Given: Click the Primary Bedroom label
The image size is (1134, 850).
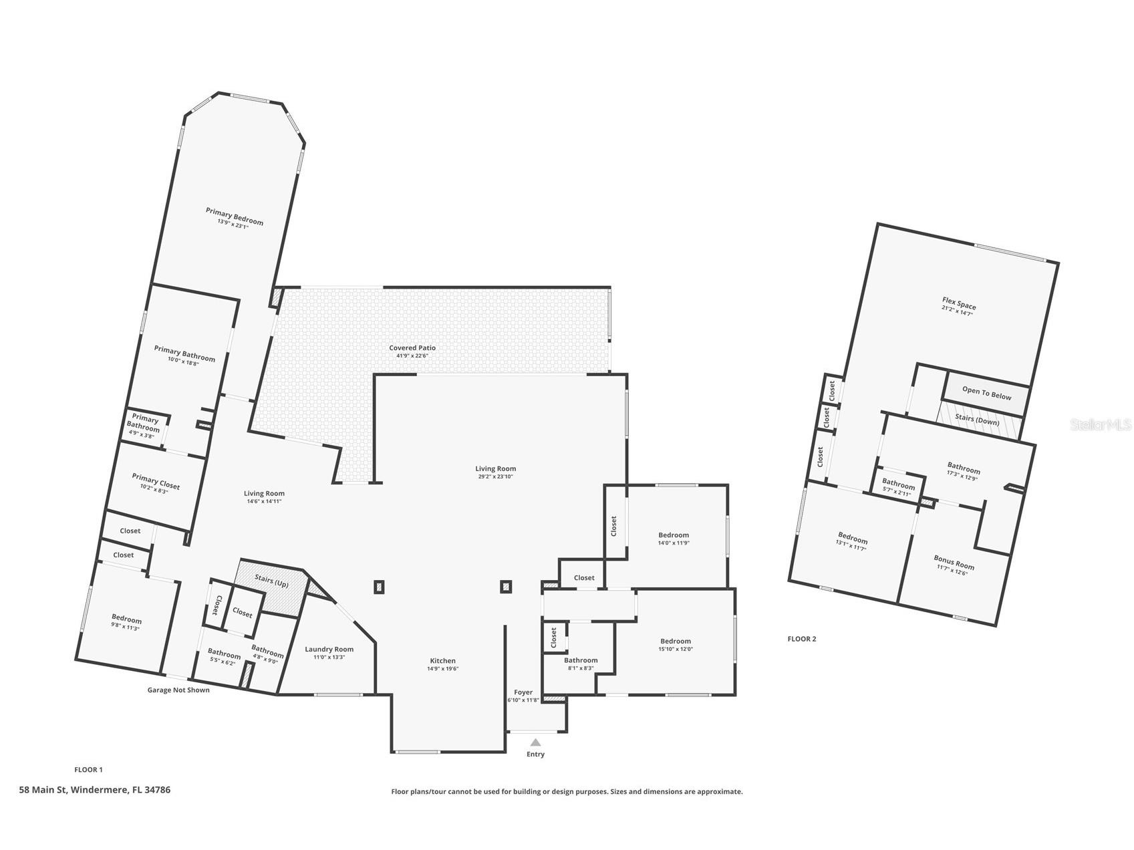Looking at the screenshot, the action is click(235, 215).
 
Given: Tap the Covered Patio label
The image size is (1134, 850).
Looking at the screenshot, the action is click(412, 347).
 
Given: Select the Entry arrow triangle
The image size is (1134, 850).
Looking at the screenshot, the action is click(535, 742).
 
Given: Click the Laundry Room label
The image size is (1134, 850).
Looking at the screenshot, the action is click(329, 649).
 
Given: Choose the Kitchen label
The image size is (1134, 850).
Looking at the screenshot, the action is click(442, 660).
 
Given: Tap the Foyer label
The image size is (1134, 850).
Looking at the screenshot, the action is click(523, 692).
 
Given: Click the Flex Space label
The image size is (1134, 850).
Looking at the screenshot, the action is click(959, 304).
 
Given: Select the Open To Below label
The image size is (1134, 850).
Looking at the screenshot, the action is click(987, 393).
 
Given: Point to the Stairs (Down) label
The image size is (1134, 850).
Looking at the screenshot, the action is click(977, 420).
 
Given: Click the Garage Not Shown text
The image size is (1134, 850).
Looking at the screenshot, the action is click(178, 690).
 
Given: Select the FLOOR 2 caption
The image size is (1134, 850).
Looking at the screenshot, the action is click(802, 639).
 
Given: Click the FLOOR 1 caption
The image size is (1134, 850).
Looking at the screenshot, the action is click(88, 770).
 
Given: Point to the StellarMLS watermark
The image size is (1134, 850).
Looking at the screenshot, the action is click(1101, 424).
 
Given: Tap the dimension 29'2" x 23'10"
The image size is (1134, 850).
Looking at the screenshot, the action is click(495, 477).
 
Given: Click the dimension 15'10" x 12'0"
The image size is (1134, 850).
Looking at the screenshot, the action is click(676, 649).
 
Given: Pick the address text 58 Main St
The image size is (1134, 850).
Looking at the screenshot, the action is click(43, 790).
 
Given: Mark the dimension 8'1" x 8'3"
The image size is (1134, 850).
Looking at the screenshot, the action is click(580, 668).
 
